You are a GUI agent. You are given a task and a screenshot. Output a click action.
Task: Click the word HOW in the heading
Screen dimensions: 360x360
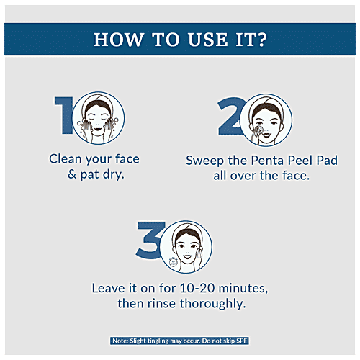click(x=119, y=40)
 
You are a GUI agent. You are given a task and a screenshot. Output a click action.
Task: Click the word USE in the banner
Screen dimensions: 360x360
click(x=207, y=40)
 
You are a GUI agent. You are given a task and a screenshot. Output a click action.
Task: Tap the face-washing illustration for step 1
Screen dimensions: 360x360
click(x=98, y=118)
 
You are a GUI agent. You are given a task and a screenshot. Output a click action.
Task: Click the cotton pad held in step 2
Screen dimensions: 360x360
click(x=259, y=130)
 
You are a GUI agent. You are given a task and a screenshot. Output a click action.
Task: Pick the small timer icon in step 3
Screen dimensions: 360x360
click(x=173, y=262)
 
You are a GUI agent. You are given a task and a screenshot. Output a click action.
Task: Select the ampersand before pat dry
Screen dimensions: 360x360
click(x=72, y=174)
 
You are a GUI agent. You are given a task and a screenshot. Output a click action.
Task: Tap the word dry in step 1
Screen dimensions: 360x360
click(x=113, y=175)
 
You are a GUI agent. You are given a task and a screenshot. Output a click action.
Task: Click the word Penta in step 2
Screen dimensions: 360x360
click(x=267, y=161)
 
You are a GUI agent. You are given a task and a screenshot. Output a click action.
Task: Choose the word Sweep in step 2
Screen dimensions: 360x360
click(x=204, y=161)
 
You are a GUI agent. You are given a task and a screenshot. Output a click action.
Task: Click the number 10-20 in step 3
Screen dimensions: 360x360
click(x=197, y=288)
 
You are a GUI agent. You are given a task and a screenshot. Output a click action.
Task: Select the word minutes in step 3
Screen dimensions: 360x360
click(x=243, y=289)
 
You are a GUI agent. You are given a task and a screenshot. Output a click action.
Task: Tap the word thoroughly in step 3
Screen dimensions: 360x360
click(x=212, y=304)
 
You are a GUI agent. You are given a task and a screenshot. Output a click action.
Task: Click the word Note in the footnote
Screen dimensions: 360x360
click(x=120, y=341)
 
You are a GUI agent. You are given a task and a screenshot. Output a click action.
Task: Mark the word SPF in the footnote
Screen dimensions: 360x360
click(x=241, y=341)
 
